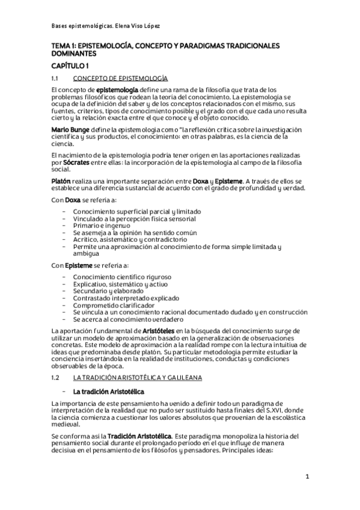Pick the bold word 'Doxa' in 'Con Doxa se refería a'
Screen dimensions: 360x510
pyautogui.click(x=73, y=200)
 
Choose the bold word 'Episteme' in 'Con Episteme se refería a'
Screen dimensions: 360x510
pyautogui.click(x=79, y=265)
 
